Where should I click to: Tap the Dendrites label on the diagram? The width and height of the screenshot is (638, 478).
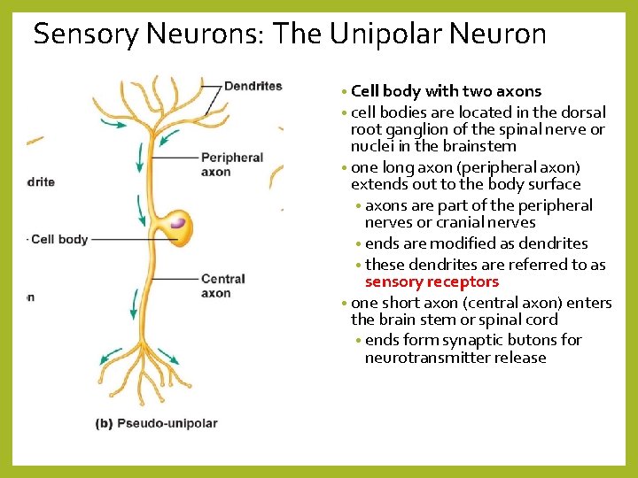(x=253, y=86)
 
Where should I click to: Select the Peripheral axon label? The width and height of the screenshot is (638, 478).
(x=232, y=165)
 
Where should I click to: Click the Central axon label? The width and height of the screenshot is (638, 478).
(x=222, y=286)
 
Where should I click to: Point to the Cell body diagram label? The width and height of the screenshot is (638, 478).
(x=59, y=239)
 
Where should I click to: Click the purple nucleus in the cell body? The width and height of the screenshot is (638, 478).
(x=178, y=222)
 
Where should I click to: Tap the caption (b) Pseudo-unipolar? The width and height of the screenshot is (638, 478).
(x=156, y=423)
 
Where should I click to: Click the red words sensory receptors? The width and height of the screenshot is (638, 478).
(x=432, y=282)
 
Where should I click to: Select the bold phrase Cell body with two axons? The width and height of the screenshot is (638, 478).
(x=446, y=91)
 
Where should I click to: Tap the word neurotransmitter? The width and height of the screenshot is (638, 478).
(x=422, y=358)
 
